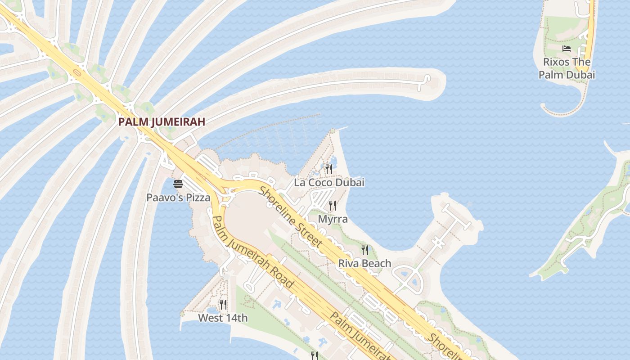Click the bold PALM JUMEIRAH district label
162,121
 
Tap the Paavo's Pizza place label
178,197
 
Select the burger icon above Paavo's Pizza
178,184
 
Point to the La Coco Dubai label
329,182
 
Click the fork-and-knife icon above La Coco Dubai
329,169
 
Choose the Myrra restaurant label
333,219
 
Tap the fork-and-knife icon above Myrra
333,206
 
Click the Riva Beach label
364,263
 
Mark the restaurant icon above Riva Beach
365,250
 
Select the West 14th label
223,318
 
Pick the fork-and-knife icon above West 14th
223,305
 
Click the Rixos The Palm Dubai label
567,68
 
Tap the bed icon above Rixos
567,49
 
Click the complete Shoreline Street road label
291,217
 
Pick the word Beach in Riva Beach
377,263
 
